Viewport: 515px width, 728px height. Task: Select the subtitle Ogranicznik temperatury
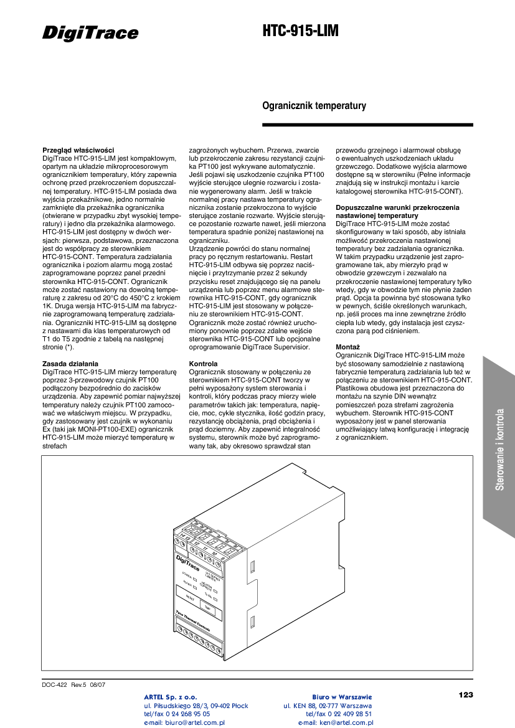tap(314, 106)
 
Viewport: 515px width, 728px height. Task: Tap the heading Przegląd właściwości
tap(78, 150)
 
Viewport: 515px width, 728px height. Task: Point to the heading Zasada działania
tap(70, 364)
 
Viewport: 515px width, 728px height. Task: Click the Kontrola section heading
tap(203, 364)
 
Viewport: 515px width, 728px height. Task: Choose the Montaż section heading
tap(347, 346)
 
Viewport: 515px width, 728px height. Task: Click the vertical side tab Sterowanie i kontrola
tap(499, 448)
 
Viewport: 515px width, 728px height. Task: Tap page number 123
tap(465, 694)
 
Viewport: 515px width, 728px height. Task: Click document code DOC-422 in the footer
tap(55, 684)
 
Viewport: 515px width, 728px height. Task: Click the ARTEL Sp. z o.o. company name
tap(171, 697)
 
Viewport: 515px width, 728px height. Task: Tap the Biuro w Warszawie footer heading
tap(341, 697)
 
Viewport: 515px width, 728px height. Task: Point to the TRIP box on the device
tap(208, 608)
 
